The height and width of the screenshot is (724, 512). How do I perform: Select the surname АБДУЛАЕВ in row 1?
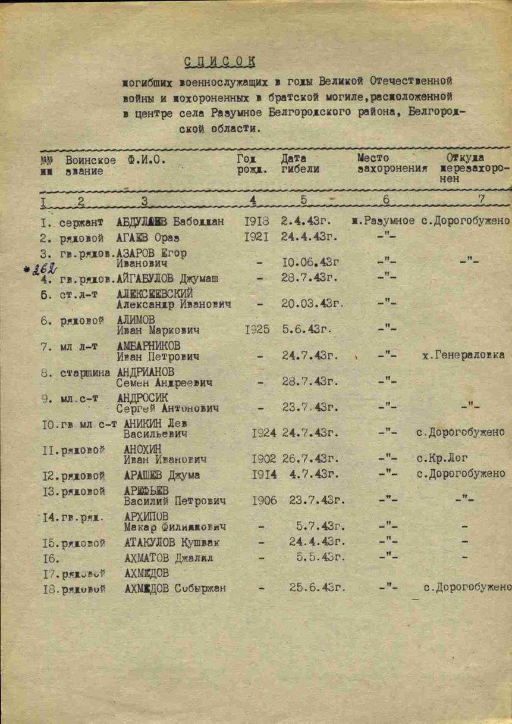click(143, 223)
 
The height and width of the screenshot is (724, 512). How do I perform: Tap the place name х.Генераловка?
click(463, 355)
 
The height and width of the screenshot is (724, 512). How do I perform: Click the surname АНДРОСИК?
click(143, 397)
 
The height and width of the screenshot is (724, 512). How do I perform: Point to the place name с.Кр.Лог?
click(443, 459)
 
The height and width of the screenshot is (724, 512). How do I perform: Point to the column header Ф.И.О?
click(147, 160)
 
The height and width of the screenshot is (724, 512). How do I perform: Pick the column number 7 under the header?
click(481, 199)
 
